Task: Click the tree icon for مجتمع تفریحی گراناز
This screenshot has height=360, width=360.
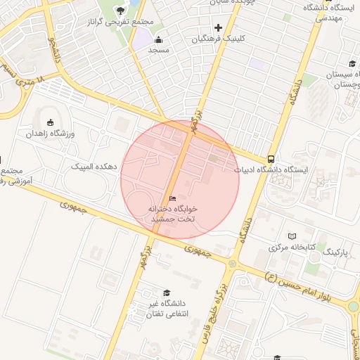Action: [120, 10]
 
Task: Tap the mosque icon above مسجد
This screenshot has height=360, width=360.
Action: [159, 39]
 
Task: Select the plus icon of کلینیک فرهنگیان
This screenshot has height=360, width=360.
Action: [219, 27]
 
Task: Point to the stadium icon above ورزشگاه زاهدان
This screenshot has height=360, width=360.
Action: [50, 121]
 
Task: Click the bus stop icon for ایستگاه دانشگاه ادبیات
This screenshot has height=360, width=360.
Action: [271, 158]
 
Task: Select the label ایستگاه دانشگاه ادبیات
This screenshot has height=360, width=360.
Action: [276, 169]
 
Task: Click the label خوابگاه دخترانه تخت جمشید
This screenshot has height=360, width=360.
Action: [173, 214]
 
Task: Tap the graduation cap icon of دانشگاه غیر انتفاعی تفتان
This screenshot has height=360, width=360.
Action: [167, 292]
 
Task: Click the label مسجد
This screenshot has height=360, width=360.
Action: [159, 51]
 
